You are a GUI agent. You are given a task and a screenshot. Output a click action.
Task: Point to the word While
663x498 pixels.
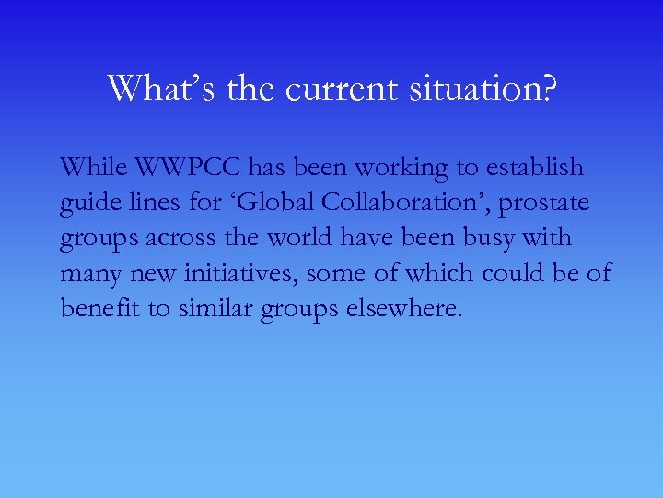coord(91,168)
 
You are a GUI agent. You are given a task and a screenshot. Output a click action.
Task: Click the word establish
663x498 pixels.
coord(535,168)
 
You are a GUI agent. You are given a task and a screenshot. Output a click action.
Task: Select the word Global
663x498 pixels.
coord(282,203)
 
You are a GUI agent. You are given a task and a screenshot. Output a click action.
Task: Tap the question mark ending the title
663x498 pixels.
coord(548,89)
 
